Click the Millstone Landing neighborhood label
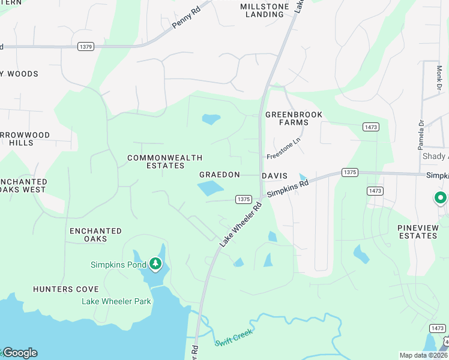265,10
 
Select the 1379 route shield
85,46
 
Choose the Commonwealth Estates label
164,161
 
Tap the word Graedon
220,175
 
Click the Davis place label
275,176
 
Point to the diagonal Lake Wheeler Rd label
241,224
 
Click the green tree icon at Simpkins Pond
155,263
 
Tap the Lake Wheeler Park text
116,301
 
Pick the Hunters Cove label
66,289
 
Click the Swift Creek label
234,337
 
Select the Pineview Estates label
418,232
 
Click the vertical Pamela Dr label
421,133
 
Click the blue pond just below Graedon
210,189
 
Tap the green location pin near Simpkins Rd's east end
441,198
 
